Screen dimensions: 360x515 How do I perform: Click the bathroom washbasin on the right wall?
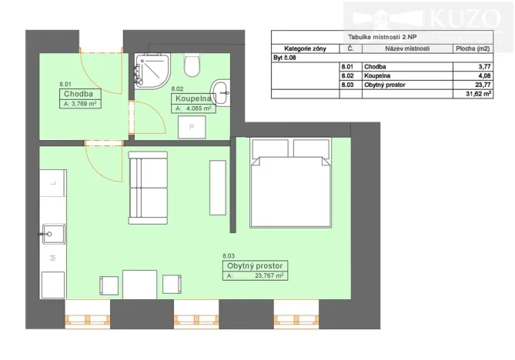(x=220, y=90)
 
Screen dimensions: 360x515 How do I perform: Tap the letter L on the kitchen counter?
(x=52, y=184)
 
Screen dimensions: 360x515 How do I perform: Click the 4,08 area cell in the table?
(x=483, y=75)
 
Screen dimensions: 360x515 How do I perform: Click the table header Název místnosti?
(x=407, y=48)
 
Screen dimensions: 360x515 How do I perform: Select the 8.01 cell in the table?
(x=346, y=66)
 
